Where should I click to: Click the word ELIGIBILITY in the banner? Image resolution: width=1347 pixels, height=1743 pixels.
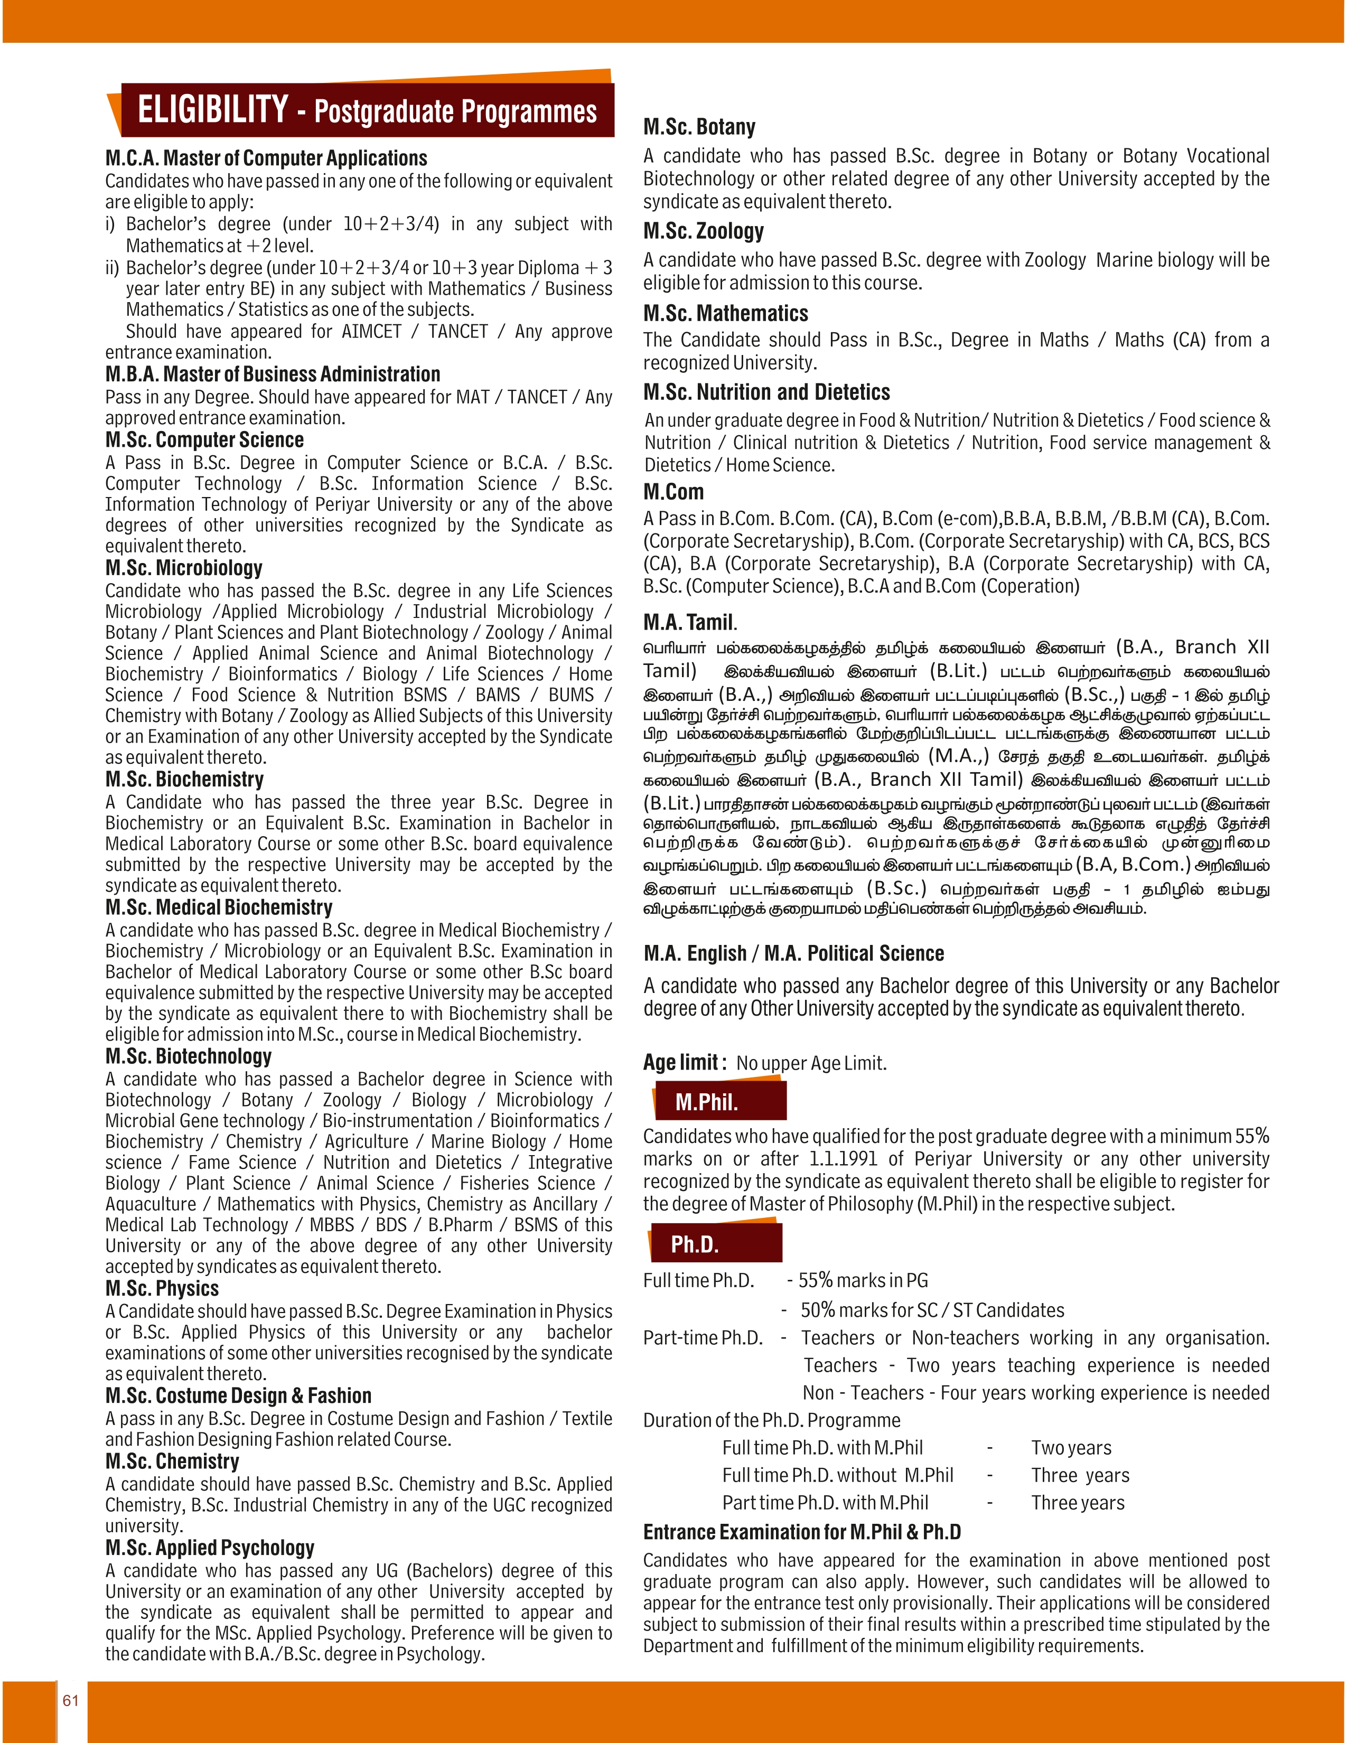pyautogui.click(x=212, y=110)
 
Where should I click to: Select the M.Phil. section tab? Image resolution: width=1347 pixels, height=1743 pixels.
pyautogui.click(x=706, y=1102)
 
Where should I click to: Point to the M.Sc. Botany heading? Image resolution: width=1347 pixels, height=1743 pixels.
pyautogui.click(x=699, y=127)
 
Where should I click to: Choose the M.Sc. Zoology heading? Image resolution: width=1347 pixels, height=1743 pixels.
pyautogui.click(x=703, y=231)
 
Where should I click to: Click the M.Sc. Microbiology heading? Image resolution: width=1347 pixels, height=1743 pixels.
pyautogui.click(x=183, y=568)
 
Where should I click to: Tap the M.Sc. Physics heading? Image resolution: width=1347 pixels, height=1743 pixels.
pyautogui.click(x=162, y=1289)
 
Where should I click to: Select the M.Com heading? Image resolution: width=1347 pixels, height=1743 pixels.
pyautogui.click(x=673, y=492)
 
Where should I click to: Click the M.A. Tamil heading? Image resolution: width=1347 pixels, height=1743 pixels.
pyautogui.click(x=689, y=623)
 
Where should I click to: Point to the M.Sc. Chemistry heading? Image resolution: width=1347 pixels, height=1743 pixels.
pyautogui.click(x=172, y=1461)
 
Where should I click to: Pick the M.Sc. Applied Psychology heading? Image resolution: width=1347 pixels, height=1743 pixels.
pyautogui.click(x=210, y=1548)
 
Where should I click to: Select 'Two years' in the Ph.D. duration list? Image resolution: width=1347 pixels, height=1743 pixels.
pyautogui.click(x=1071, y=1448)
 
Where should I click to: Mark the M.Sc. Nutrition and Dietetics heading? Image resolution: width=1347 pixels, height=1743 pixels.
pyautogui.click(x=766, y=392)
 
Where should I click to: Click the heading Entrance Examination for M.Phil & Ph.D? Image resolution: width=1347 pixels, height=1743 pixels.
pyautogui.click(x=802, y=1532)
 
